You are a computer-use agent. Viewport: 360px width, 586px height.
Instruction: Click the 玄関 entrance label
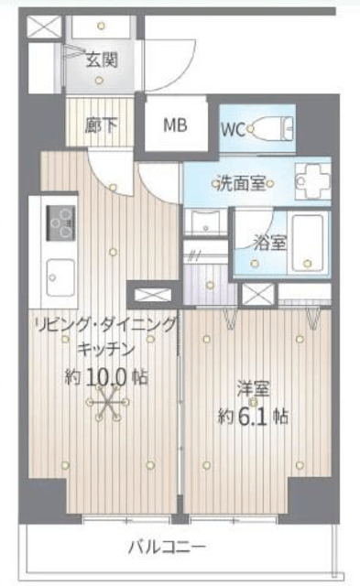(x=102, y=60)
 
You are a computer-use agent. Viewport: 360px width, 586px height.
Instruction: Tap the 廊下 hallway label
(x=101, y=125)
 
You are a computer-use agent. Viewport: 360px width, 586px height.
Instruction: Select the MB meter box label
(x=175, y=125)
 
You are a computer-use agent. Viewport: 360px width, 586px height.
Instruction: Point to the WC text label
(x=233, y=130)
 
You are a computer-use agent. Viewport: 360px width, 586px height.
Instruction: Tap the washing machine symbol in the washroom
(x=313, y=181)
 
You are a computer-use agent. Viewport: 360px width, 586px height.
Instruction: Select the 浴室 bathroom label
(x=270, y=243)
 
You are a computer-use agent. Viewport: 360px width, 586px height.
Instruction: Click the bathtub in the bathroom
(x=308, y=243)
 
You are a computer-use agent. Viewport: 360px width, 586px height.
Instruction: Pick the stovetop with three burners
(x=60, y=223)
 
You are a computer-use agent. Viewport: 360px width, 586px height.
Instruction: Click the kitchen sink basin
(x=60, y=277)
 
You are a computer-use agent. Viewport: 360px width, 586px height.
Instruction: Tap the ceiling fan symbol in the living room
(x=107, y=403)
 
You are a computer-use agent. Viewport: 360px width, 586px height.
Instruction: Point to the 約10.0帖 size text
(x=106, y=376)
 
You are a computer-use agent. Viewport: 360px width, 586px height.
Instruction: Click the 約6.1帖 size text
(x=253, y=416)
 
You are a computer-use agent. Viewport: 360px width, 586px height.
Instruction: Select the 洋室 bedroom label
(x=253, y=389)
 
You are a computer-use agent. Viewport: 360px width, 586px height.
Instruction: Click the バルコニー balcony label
(x=167, y=548)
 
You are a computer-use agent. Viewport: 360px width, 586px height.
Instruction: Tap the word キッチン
(x=105, y=350)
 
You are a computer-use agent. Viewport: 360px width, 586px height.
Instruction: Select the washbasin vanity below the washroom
(x=206, y=222)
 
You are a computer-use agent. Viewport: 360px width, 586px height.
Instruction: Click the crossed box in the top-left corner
(x=45, y=27)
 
